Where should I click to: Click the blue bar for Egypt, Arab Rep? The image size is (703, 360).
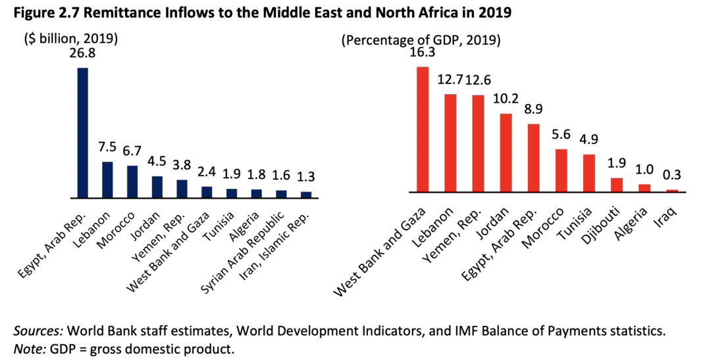83,132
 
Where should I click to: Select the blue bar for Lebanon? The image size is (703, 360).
107,180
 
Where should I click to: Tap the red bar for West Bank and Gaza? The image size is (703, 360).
423,129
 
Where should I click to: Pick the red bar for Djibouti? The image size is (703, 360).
617,185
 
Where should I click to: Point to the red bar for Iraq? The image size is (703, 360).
672,191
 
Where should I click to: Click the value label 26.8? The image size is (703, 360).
83,54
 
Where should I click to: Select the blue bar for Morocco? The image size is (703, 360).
132,182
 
